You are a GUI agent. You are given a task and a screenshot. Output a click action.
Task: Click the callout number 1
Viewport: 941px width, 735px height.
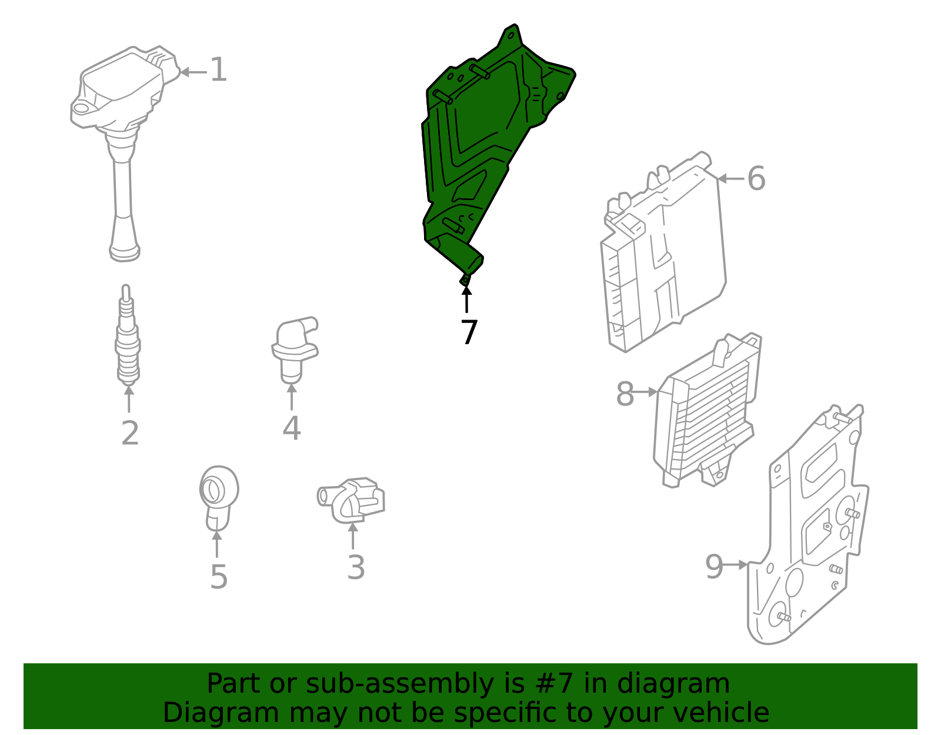tap(218, 69)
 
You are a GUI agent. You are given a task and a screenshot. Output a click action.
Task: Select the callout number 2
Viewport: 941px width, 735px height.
tap(130, 433)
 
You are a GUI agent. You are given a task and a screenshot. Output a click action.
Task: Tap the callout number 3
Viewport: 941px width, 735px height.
tap(356, 567)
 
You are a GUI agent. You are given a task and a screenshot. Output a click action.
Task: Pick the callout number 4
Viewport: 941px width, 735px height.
tap(292, 428)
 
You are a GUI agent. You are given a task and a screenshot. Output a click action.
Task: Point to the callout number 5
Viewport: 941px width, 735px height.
tap(219, 577)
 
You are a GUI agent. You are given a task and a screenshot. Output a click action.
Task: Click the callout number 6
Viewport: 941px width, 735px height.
tap(756, 178)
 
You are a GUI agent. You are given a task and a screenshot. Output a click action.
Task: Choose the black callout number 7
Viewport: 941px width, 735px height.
tap(469, 332)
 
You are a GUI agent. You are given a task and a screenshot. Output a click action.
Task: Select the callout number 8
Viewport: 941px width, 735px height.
tap(625, 394)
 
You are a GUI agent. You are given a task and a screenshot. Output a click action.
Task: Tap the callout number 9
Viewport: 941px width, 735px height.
tap(714, 566)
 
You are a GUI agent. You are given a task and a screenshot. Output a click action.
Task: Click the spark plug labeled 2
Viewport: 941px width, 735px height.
tap(127, 335)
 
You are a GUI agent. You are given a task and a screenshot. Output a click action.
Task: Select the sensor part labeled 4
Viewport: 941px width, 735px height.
tap(295, 350)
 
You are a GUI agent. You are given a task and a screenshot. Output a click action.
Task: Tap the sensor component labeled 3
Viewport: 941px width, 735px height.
tap(351, 500)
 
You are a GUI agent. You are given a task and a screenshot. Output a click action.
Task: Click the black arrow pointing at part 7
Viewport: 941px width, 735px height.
tap(466, 299)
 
